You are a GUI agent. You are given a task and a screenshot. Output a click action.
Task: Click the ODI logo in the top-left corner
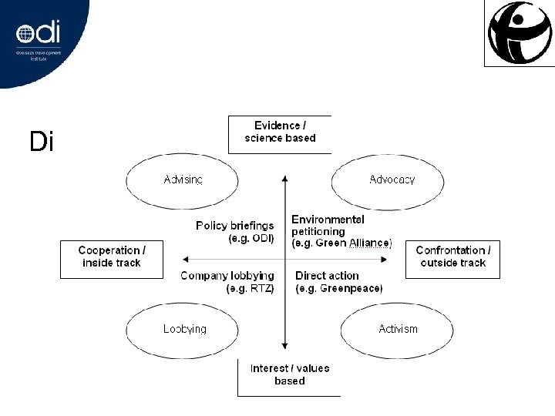(38, 35)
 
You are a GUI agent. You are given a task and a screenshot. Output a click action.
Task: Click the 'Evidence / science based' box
(281, 133)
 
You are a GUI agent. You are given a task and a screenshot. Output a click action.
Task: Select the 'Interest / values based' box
(289, 375)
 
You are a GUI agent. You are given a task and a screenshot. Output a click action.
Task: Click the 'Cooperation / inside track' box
(111, 257)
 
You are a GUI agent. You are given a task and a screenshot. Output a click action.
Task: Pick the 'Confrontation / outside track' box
(452, 257)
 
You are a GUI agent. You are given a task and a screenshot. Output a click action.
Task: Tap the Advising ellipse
(183, 180)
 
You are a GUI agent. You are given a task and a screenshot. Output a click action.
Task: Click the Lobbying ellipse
(184, 329)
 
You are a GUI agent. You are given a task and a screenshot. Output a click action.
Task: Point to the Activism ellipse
(398, 329)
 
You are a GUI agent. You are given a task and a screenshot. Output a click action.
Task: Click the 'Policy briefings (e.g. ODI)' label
(234, 232)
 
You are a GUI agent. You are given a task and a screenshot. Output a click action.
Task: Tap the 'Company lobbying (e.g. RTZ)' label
(227, 283)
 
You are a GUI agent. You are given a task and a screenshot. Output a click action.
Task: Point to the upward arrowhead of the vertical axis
(285, 178)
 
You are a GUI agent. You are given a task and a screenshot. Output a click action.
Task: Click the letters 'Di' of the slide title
(41, 142)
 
